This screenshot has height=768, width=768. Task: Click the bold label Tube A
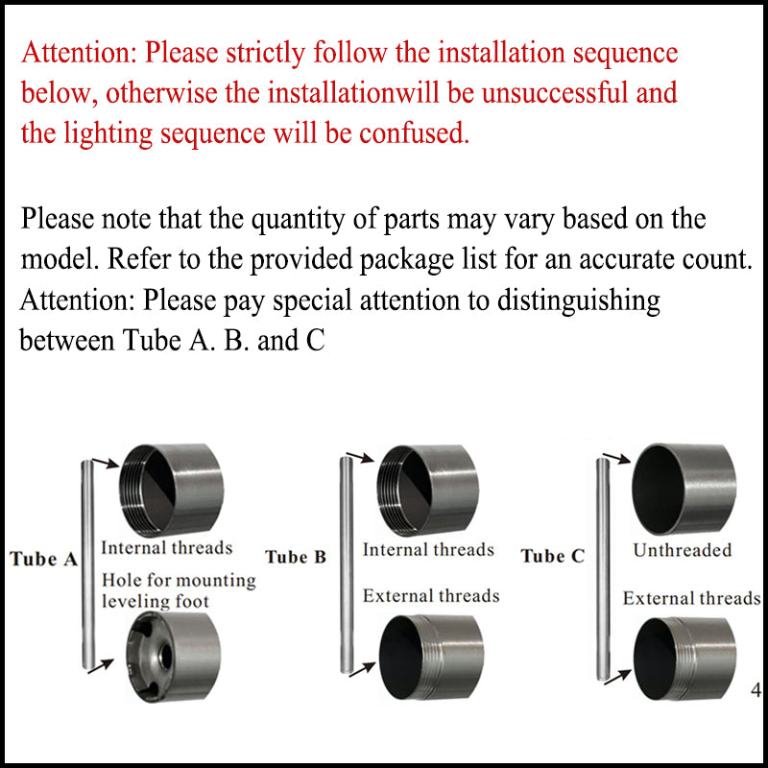click(43, 559)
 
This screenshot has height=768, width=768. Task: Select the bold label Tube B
click(296, 557)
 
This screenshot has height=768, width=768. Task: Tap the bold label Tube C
click(553, 556)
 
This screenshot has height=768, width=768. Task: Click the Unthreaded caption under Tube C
click(683, 550)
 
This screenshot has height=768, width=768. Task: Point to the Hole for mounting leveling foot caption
click(179, 590)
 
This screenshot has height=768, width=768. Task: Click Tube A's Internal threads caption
click(166, 547)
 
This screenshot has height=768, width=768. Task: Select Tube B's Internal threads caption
click(428, 549)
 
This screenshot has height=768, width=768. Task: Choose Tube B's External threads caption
click(431, 595)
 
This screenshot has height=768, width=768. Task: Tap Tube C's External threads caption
click(691, 598)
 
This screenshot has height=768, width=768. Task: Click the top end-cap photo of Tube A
click(172, 490)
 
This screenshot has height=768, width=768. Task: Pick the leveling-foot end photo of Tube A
click(174, 657)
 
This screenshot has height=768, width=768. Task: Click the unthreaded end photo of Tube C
click(684, 490)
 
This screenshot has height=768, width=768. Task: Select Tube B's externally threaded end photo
click(431, 658)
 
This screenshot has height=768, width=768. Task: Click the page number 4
click(756, 690)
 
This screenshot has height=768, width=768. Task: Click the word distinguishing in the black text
click(579, 301)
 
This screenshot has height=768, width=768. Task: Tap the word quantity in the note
click(299, 220)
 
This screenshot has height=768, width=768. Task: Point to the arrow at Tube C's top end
click(616, 458)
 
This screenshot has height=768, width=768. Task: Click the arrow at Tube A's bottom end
click(101, 666)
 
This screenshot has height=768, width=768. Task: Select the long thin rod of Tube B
click(347, 564)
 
